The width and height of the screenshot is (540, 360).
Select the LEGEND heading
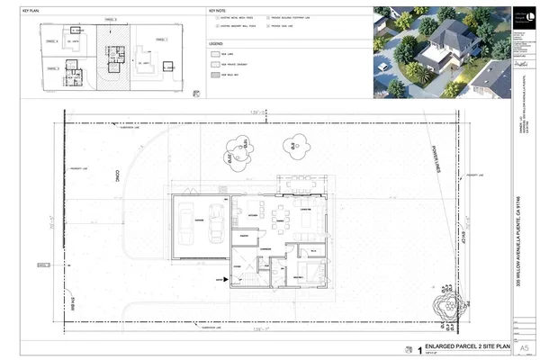216,42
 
